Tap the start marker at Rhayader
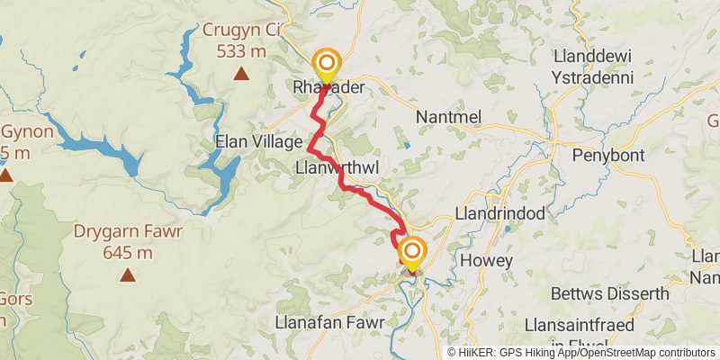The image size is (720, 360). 327,65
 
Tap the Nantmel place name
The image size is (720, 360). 451,117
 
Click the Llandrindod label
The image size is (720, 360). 501,216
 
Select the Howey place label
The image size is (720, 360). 486,260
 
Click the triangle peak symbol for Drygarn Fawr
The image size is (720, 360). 127,274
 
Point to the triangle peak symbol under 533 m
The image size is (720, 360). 240,74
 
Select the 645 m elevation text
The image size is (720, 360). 126,252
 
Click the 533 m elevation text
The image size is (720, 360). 240,50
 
